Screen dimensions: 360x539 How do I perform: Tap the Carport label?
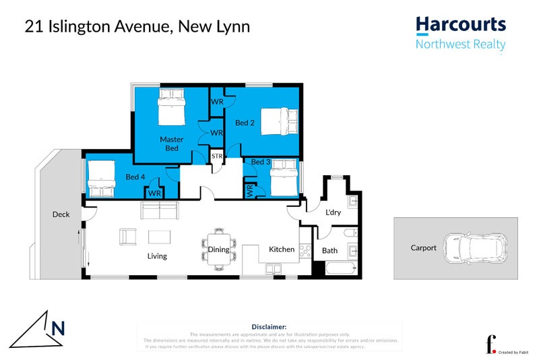(424, 248)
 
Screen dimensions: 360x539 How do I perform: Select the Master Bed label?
(172, 144)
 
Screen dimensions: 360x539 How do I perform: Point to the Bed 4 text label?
(136, 177)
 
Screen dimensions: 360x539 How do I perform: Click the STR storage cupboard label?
(217, 156)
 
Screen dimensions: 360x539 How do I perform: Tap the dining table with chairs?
(219, 249)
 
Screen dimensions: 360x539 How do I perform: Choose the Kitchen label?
(282, 249)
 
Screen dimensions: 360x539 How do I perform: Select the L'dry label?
(333, 213)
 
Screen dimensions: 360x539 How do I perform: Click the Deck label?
(61, 214)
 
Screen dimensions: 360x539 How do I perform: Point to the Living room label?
(157, 256)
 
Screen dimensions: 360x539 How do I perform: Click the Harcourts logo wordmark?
(461, 26)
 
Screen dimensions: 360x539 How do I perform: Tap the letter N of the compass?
(59, 328)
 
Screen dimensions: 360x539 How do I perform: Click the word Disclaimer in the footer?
(269, 326)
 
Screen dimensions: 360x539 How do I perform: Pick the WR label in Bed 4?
(155, 193)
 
